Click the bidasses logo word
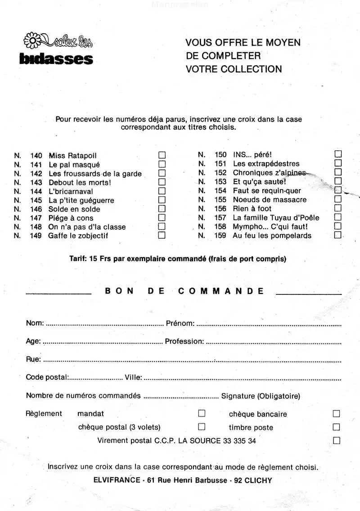pyautogui.click(x=56, y=59)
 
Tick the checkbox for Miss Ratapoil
pyautogui.click(x=162, y=155)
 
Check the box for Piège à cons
pyautogui.click(x=162, y=218)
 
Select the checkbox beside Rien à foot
pyautogui.click(x=338, y=208)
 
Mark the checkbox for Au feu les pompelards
pyautogui.click(x=338, y=235)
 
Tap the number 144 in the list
pyautogui.click(x=36, y=191)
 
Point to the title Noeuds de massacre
pyautogui.click(x=270, y=199)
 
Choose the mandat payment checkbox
pyautogui.click(x=202, y=413)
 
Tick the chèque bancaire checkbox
pyautogui.click(x=336, y=413)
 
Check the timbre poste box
pyautogui.click(x=336, y=427)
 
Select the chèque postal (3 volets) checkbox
pyautogui.click(x=202, y=426)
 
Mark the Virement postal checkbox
pyautogui.click(x=336, y=440)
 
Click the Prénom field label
pyautogui.click(x=180, y=323)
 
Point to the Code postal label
pyautogui.click(x=47, y=377)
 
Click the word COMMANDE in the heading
pyautogui.click(x=221, y=291)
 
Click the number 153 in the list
pyautogui.click(x=220, y=182)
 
